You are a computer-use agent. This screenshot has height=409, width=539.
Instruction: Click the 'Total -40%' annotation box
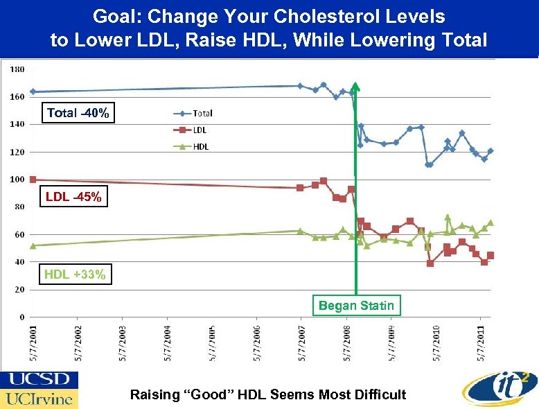point(78,113)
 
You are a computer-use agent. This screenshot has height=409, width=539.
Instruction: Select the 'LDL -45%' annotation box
point(73,198)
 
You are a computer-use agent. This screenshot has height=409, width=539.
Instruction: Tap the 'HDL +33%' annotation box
point(75,275)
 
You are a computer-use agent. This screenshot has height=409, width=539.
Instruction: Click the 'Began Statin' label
point(356,305)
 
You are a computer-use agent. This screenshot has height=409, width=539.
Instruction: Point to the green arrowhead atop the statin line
point(355,87)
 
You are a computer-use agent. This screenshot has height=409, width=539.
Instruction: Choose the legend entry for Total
point(193,114)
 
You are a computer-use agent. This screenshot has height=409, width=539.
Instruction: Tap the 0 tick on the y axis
point(22,317)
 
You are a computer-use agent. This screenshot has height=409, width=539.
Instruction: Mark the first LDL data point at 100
point(33,180)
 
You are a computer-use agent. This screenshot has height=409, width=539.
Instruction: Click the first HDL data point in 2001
point(33,245)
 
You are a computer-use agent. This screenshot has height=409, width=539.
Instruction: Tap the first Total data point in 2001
point(33,92)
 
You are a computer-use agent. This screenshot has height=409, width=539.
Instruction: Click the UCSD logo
point(39,380)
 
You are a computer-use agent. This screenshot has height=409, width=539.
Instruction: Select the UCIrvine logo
point(39,399)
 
